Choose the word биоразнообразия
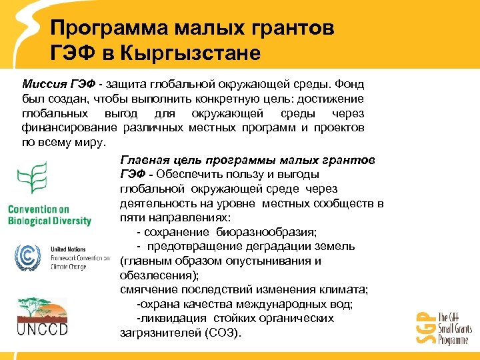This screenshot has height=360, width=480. click(266, 232)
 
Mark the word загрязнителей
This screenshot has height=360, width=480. click(159, 333)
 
